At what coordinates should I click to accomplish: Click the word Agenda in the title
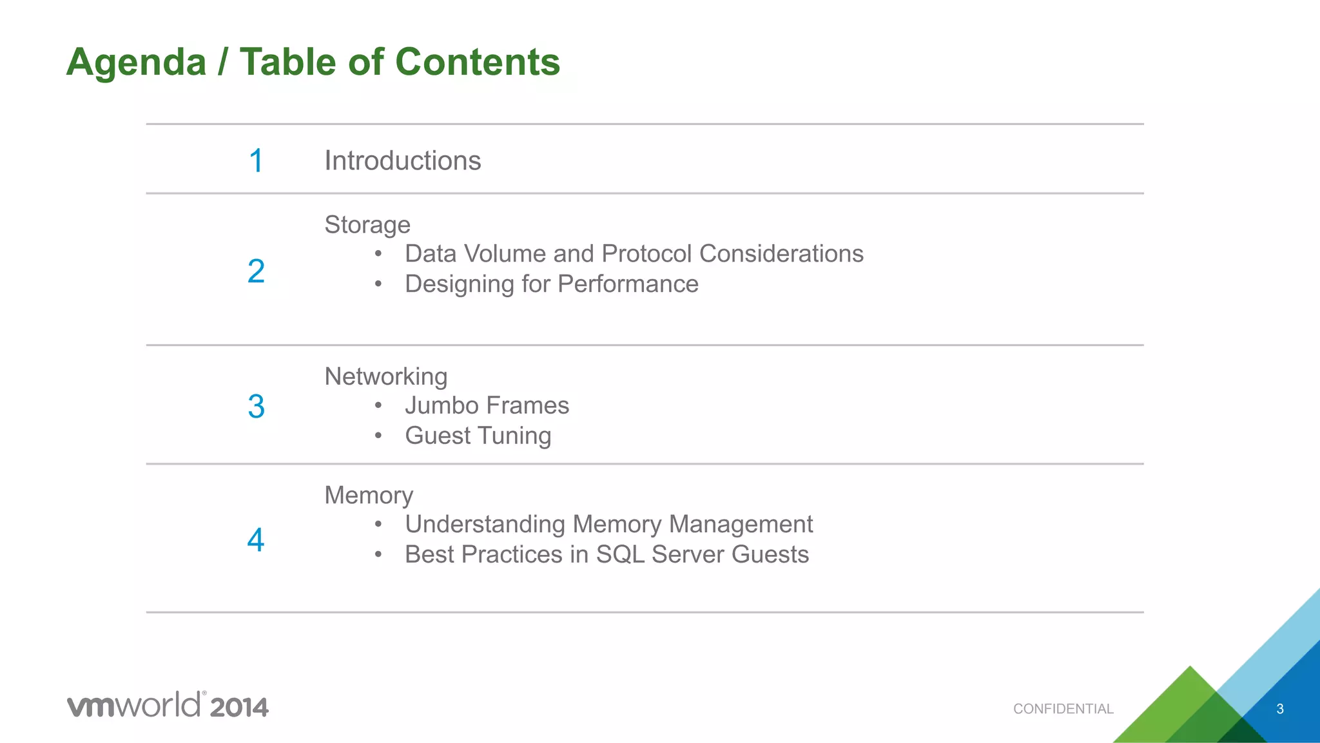(137, 63)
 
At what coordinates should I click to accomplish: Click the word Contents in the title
(477, 63)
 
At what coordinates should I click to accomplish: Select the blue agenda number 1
(257, 160)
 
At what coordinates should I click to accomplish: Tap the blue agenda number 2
(257, 271)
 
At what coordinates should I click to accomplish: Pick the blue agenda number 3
(257, 407)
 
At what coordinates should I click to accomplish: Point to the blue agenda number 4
(257, 540)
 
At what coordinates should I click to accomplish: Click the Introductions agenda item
(402, 160)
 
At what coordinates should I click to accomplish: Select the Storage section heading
(367, 225)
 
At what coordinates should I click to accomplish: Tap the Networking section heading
(385, 376)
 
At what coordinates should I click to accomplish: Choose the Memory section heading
(368, 495)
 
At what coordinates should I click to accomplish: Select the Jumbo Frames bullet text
(487, 405)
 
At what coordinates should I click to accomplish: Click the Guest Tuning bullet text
(478, 436)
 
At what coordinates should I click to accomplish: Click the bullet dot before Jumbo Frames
(378, 405)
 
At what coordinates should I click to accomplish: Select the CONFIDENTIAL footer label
(1063, 709)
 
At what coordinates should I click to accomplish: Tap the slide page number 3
(1280, 709)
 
